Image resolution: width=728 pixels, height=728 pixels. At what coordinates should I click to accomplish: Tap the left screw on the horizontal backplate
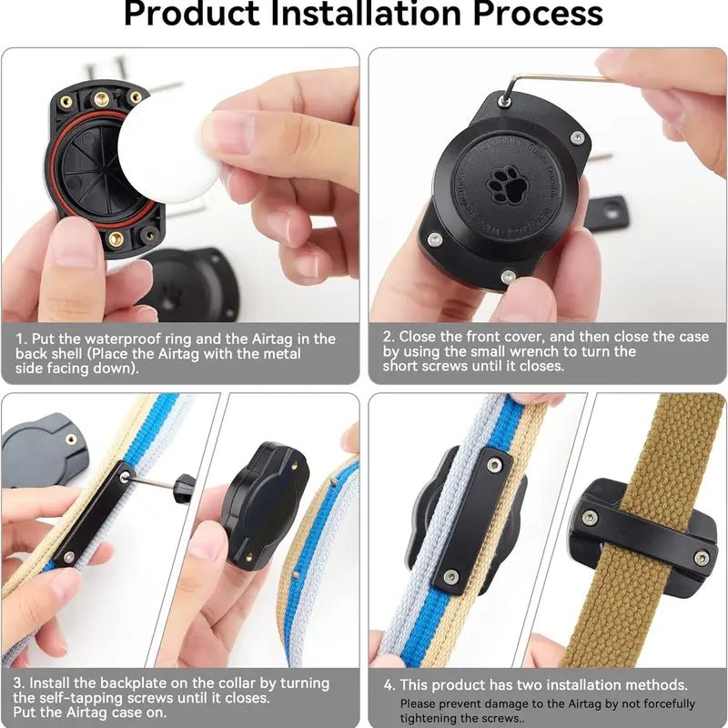pyautogui.click(x=590, y=518)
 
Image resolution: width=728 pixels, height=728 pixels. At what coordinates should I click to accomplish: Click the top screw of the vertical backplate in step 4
pyautogui.click(x=494, y=465)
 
